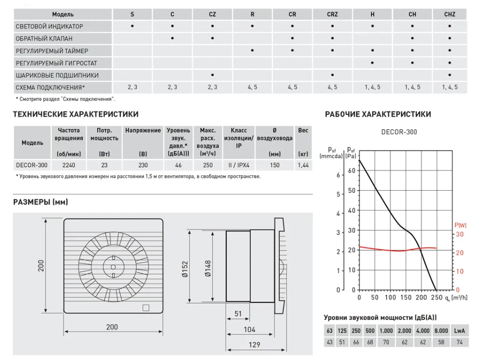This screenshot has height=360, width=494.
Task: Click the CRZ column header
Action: pyautogui.click(x=332, y=14)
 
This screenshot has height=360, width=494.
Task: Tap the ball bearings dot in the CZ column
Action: pyautogui.click(x=212, y=75)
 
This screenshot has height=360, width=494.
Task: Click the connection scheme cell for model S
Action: pyautogui.click(x=132, y=87)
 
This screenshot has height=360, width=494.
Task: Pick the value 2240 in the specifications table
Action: pyautogui.click(x=69, y=165)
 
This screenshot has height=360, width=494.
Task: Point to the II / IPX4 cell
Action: pyautogui.click(x=239, y=165)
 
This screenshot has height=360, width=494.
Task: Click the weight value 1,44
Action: pyautogui.click(x=303, y=165)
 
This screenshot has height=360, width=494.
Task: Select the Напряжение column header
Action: pyautogui.click(x=143, y=131)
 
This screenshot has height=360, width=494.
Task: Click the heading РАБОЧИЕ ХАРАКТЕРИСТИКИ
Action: pyautogui.click(x=378, y=114)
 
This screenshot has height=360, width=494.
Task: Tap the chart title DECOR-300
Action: pyautogui.click(x=399, y=132)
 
